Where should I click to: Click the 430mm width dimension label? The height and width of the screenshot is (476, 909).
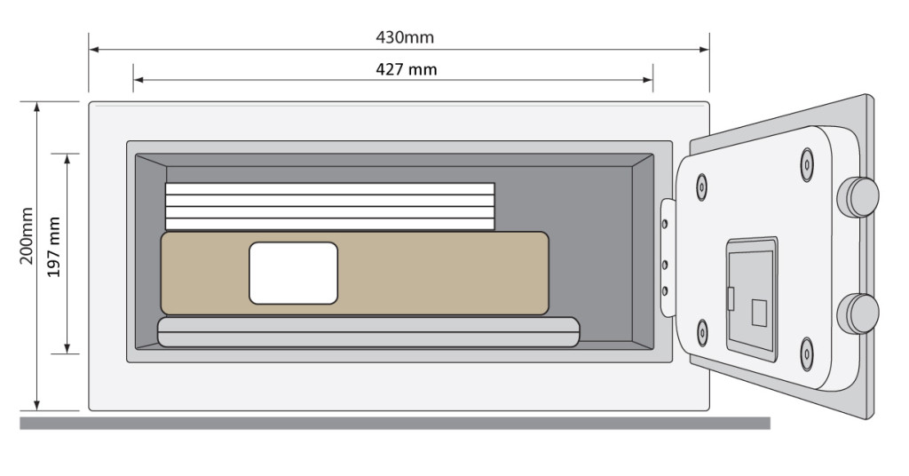[406, 37]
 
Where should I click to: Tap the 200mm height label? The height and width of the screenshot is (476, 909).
[26, 236]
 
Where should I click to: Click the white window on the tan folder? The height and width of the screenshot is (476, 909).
[293, 273]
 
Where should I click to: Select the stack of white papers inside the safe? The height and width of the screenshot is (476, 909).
[329, 206]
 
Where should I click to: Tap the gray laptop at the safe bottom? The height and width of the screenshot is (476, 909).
[368, 331]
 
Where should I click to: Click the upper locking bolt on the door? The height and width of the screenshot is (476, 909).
[858, 196]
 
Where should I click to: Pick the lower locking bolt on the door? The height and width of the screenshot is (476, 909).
[858, 313]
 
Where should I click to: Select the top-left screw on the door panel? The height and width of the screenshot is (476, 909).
[702, 185]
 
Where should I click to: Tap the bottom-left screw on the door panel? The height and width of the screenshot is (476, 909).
[702, 331]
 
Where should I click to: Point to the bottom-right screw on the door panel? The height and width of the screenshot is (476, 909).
[806, 353]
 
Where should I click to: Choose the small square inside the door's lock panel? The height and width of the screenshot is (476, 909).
[759, 313]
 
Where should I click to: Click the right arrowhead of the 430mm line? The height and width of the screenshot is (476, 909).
[705, 50]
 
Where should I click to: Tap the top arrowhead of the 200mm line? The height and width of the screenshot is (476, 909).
[36, 107]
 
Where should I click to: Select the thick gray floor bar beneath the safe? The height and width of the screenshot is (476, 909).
[394, 424]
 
